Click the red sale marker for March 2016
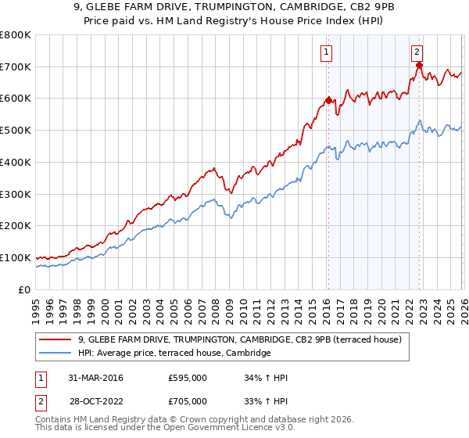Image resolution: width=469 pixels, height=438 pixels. (328, 100)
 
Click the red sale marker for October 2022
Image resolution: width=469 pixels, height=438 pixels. (418, 66)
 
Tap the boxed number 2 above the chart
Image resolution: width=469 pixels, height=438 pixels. (417, 52)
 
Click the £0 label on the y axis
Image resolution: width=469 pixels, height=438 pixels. (25, 289)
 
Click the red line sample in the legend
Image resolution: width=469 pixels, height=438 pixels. (55, 339)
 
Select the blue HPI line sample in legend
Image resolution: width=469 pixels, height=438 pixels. (55, 354)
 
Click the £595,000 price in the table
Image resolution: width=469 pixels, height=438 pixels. (188, 378)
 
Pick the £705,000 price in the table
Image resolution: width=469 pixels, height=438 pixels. (188, 400)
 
